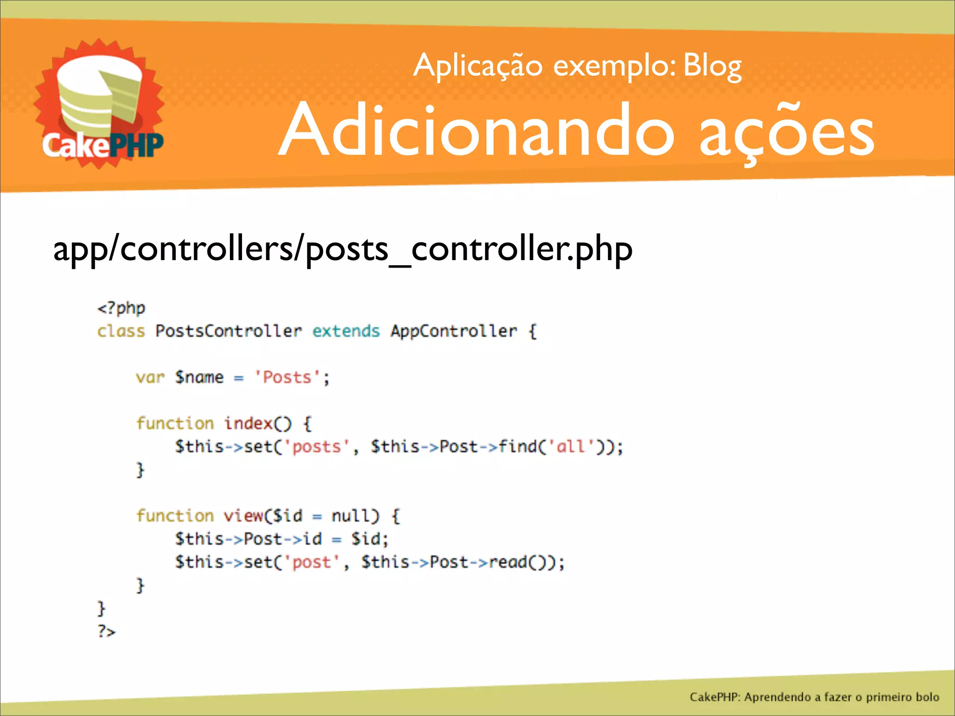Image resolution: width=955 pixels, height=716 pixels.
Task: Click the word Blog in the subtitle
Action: (x=712, y=67)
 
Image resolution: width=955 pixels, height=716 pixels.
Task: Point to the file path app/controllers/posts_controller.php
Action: (x=343, y=249)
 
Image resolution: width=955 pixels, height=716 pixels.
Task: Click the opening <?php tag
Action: (x=121, y=309)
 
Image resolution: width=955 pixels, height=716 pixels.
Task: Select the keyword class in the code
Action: (x=121, y=331)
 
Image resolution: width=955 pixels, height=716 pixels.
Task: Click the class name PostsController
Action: (x=228, y=331)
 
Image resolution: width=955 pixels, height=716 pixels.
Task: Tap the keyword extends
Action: (x=346, y=331)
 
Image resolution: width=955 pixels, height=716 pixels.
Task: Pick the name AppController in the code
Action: (x=454, y=331)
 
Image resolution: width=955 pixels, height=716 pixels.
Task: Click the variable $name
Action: (x=199, y=378)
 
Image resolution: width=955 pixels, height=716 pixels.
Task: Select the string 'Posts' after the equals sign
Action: (x=286, y=378)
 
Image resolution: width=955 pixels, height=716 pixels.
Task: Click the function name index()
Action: (x=257, y=424)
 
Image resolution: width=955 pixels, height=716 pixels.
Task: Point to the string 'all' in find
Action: (x=570, y=447)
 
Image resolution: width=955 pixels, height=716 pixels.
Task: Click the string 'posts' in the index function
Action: (x=317, y=447)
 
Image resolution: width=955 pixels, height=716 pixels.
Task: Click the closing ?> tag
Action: (x=106, y=632)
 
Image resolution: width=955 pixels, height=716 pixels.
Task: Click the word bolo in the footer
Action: (x=927, y=697)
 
